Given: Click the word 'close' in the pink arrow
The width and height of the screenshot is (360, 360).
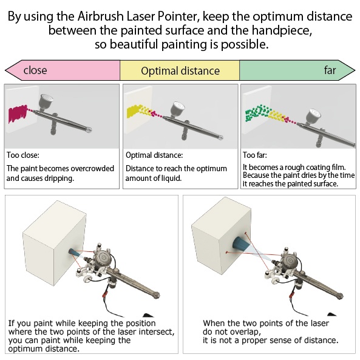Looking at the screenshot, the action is click(x=35, y=70).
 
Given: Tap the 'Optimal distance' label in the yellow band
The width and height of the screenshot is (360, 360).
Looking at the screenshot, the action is click(x=180, y=71).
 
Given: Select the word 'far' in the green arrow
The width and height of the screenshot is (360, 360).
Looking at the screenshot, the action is click(x=330, y=70).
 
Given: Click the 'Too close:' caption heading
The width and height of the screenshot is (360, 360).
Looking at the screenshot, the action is click(x=22, y=155).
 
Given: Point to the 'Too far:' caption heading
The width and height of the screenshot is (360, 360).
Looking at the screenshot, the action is click(x=255, y=155).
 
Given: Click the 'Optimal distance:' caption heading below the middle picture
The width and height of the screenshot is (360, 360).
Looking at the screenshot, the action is click(x=154, y=155).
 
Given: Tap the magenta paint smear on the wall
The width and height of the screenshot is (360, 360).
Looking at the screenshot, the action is click(x=17, y=114).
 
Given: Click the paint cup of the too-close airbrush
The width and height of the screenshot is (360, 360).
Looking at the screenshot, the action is click(x=46, y=101).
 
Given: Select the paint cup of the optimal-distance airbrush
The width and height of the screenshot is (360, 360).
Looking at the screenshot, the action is click(x=177, y=109).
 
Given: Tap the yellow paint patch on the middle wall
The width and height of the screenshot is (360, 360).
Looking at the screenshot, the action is click(x=133, y=111).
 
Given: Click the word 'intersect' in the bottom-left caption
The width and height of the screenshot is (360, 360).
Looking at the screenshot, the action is click(x=155, y=331).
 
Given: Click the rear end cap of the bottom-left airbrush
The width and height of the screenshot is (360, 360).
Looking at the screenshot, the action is click(x=156, y=295).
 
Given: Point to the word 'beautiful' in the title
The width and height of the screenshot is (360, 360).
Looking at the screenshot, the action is click(x=134, y=44).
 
